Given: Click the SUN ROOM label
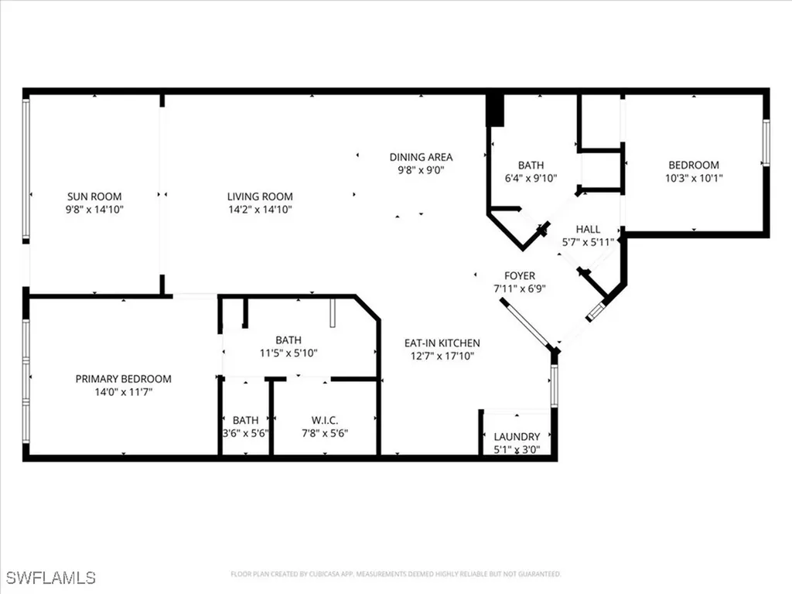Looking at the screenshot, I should [94, 196].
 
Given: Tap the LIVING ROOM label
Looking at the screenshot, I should [260, 196].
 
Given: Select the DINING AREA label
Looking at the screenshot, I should [421, 157].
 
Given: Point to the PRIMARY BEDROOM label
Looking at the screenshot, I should [123, 379].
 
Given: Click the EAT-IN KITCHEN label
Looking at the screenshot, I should [442, 343].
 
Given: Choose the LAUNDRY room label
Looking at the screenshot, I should [517, 437].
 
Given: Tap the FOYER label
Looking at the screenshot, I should [519, 275].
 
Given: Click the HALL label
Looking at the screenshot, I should [588, 229].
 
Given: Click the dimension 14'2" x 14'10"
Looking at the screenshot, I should [260, 210].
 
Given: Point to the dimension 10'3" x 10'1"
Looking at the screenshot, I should [694, 178].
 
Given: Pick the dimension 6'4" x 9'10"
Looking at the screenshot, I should [531, 178].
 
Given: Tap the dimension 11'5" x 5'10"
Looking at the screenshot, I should [288, 353].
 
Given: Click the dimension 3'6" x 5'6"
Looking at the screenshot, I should [245, 433].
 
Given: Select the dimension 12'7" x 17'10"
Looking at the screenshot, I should [442, 356].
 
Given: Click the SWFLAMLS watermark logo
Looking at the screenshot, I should [51, 577].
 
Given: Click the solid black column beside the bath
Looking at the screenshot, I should [495, 110].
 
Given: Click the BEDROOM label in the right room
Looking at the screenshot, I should [694, 165].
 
